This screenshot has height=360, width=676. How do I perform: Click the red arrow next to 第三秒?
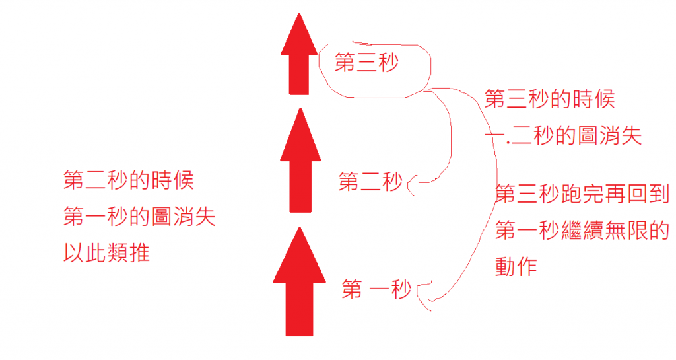tap(299, 56)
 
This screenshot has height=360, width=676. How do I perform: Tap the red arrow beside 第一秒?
tap(299, 281)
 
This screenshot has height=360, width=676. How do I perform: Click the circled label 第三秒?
tap(367, 63)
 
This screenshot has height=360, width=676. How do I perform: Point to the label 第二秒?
tap(370, 182)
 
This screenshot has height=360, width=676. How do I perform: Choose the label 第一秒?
tap(376, 289)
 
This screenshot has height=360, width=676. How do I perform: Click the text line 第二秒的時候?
tap(129, 180)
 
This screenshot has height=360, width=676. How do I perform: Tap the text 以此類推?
tap(106, 252)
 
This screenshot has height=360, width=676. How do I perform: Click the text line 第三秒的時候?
tap(550, 99)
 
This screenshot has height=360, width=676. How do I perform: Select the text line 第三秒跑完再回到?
tap(582, 194)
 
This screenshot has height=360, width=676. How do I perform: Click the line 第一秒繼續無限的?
tap(582, 231)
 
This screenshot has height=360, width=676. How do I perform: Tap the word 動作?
tap(517, 266)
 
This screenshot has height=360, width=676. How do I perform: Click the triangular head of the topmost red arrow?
tap(299, 37)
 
